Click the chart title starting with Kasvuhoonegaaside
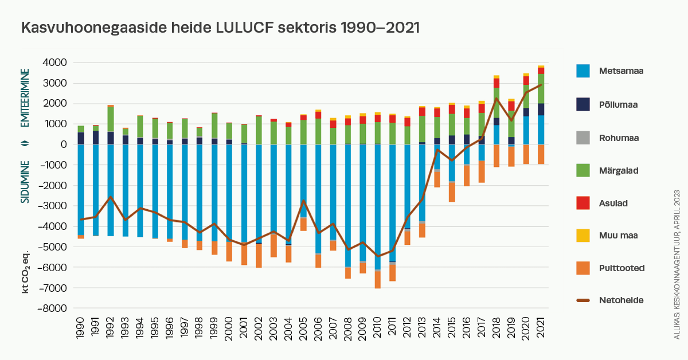[x=220, y=28]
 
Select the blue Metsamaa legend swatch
[x=583, y=71]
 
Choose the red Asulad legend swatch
[x=583, y=202]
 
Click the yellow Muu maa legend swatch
[x=583, y=234]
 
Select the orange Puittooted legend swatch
[x=583, y=267]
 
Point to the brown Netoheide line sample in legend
[x=583, y=300]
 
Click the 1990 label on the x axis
[x=81, y=327]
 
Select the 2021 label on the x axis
[x=540, y=327]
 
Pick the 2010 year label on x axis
[x=377, y=327]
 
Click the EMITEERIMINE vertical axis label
[x=25, y=98]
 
